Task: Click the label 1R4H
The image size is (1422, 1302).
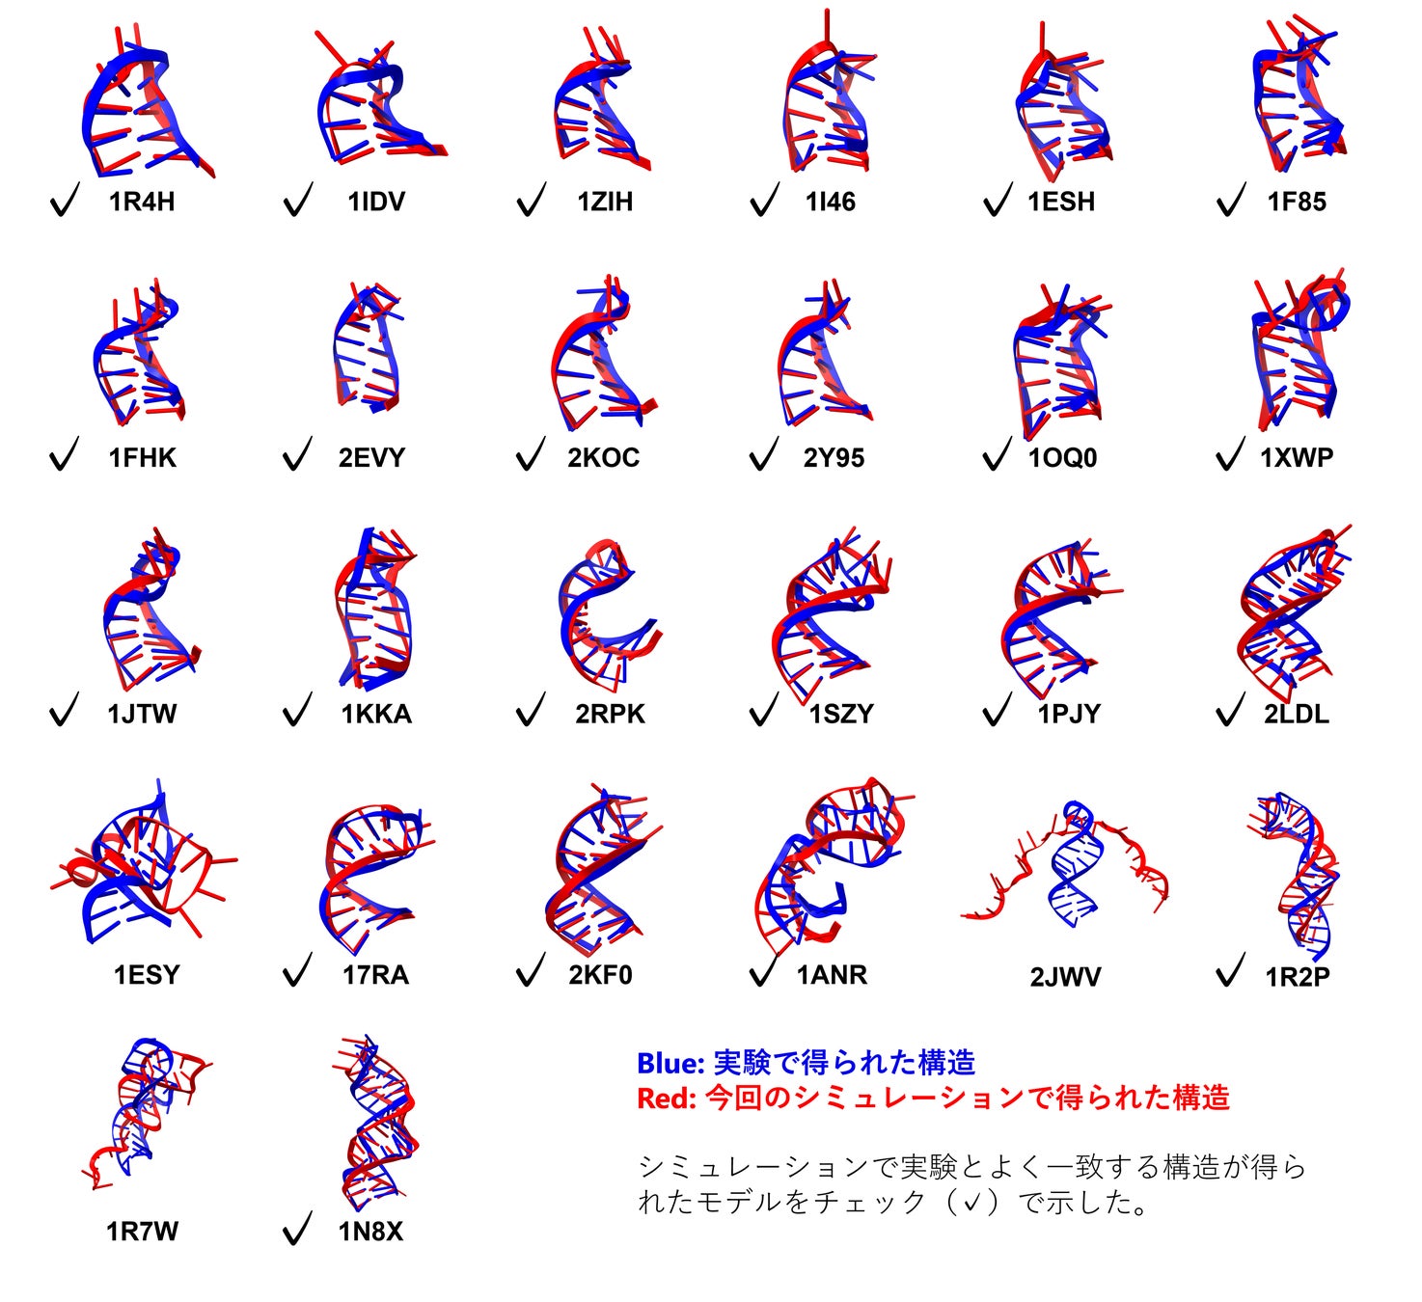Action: [142, 202]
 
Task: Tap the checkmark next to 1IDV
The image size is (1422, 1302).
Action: [298, 201]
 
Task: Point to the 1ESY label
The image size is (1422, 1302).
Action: [147, 974]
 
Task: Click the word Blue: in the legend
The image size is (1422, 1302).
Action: [670, 1063]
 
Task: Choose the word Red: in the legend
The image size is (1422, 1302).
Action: [667, 1098]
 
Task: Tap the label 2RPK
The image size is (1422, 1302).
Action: [610, 714]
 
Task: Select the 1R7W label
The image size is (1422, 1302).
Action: [142, 1231]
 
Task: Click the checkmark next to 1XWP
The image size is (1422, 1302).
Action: [1231, 455]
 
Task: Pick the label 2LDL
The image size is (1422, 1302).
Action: [1297, 714]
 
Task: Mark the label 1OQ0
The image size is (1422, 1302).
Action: [1062, 457]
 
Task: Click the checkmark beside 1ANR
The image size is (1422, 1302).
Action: [763, 971]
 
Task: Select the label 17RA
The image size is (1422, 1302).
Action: [375, 974]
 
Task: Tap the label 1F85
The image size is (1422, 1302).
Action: [1297, 202]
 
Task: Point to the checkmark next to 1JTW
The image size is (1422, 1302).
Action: [64, 711]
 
